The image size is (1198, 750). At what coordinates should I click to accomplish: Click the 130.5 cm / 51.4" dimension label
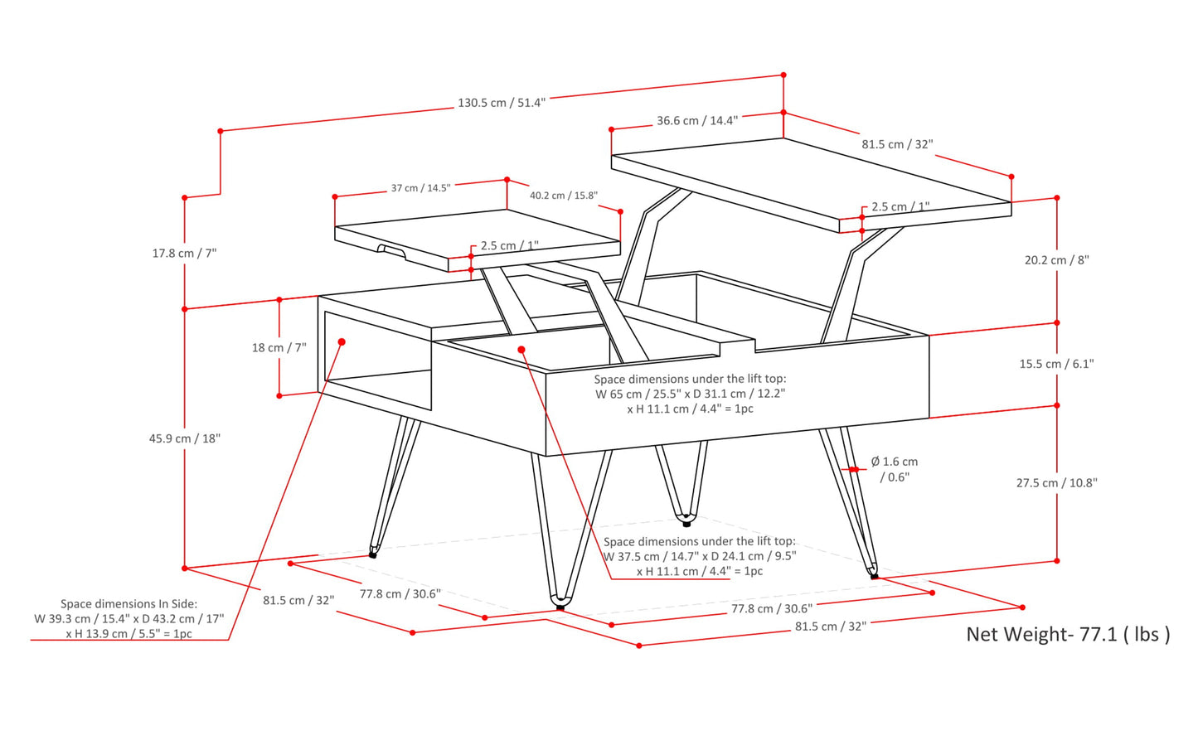pos(502,104)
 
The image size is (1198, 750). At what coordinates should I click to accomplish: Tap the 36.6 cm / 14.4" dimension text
pos(696,121)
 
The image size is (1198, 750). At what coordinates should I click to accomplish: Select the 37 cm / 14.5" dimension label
pos(420,188)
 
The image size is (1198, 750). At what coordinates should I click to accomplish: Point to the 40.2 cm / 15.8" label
pos(564,196)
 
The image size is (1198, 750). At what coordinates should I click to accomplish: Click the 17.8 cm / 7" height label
pos(184,254)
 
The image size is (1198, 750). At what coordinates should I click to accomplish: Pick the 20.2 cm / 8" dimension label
pos(1056,260)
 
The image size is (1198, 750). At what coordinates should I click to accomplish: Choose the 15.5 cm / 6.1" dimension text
pos(1056,364)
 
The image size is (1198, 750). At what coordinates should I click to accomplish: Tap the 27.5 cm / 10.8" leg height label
pos(1056,483)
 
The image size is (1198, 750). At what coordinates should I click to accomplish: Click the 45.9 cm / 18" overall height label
pos(184,438)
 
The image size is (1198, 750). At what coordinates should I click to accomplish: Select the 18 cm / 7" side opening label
pos(279,348)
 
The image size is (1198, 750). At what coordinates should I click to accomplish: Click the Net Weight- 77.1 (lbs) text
pos(1068,635)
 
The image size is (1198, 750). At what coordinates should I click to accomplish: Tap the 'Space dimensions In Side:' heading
pos(129,604)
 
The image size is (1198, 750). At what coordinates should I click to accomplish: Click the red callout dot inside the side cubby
pos(342,341)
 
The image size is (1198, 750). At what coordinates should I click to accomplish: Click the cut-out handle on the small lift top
pos(391,249)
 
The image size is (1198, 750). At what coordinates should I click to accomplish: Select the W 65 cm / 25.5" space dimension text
pos(690,394)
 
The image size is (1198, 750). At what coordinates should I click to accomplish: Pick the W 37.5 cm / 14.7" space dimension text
pos(699,557)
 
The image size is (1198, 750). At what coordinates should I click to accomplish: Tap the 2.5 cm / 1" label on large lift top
pos(900,207)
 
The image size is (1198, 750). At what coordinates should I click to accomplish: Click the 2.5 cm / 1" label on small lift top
pos(509,246)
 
